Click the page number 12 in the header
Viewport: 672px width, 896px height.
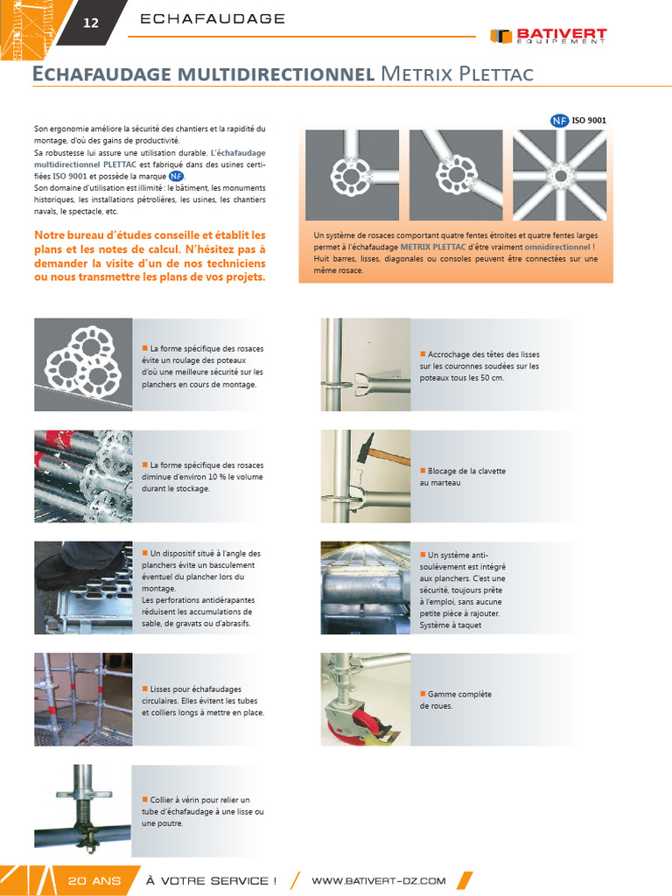(91, 24)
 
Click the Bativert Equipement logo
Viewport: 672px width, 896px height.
(549, 37)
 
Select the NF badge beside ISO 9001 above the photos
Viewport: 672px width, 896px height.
(559, 121)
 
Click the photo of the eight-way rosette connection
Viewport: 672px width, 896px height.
(559, 174)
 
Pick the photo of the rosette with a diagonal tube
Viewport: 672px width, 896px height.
(455, 174)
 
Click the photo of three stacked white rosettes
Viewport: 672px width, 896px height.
(83, 364)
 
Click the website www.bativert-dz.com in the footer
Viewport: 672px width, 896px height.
(379, 880)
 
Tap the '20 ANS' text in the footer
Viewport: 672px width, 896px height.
(94, 880)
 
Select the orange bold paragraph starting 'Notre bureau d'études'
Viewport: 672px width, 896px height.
(150, 256)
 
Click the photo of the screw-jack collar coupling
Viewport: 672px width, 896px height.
(83, 805)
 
